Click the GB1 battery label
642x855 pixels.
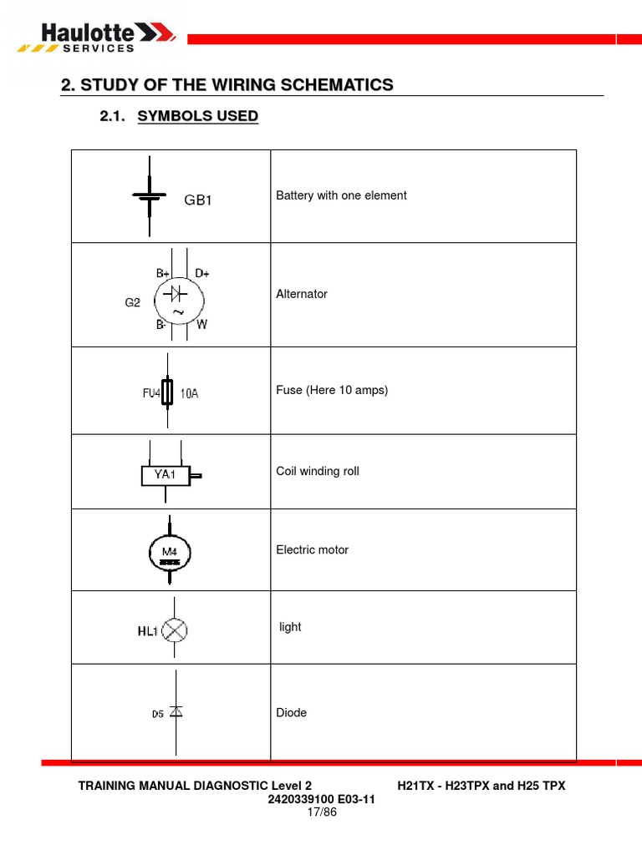coord(198,200)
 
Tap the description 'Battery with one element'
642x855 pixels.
coord(341,195)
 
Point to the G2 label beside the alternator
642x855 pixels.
coord(133,303)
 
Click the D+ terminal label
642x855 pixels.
coord(202,273)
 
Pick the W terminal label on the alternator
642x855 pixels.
coord(201,325)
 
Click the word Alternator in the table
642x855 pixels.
coord(302,294)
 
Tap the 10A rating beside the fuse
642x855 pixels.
coord(190,393)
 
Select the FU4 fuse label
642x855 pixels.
coord(150,393)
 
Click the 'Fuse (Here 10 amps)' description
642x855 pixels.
coord(332,390)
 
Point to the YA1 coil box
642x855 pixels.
coord(166,475)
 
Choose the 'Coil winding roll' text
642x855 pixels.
coord(318,471)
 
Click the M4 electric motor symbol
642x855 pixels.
coord(171,552)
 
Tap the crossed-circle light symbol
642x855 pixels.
coord(174,631)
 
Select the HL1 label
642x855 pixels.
coord(148,632)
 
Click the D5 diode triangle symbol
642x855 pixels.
coord(176,711)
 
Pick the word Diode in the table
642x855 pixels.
coord(292,713)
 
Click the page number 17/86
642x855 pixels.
coord(321,812)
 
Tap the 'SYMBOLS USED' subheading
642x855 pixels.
coord(197,117)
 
